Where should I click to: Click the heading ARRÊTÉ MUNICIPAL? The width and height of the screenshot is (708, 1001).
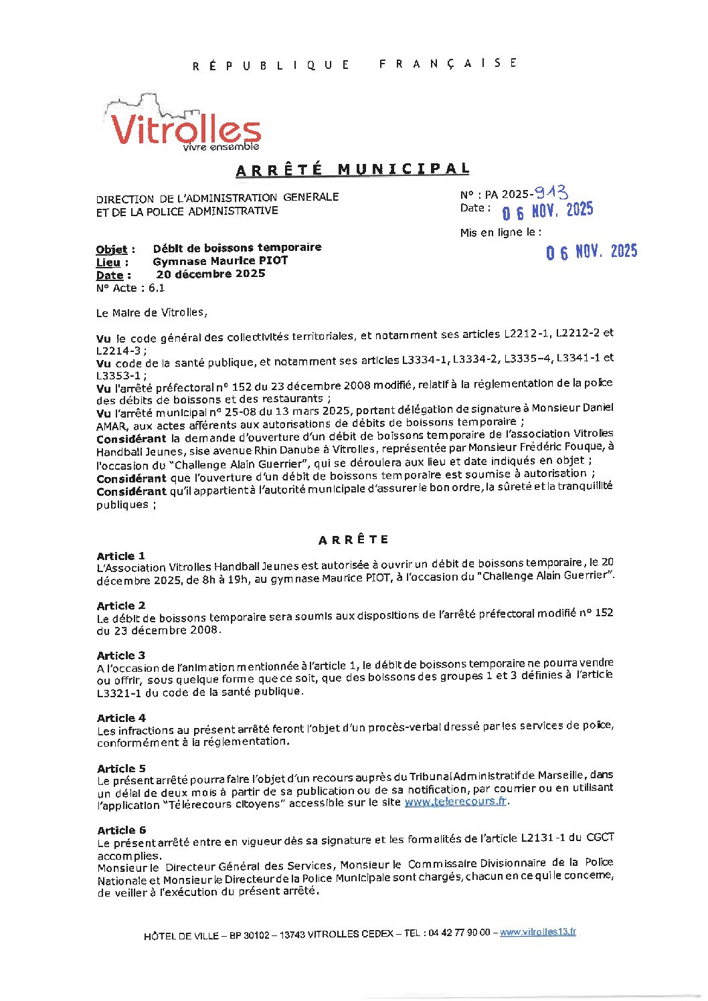(x=353, y=169)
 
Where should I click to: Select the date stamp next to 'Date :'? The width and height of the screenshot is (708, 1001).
(x=548, y=211)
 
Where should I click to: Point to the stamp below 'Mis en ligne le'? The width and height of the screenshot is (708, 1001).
(x=592, y=252)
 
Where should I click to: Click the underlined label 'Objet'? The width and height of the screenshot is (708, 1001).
(x=111, y=250)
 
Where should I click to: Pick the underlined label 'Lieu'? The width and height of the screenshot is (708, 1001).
(x=108, y=262)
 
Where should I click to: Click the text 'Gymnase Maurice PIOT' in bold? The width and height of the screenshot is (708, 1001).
(x=220, y=261)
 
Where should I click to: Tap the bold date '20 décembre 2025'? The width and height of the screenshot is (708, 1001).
(x=211, y=274)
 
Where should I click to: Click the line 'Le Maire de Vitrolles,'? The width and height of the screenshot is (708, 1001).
(x=152, y=312)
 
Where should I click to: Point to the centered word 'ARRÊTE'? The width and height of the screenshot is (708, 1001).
(x=353, y=540)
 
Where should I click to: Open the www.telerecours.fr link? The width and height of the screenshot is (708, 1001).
(x=455, y=801)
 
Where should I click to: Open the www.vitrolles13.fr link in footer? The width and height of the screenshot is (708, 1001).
(x=537, y=932)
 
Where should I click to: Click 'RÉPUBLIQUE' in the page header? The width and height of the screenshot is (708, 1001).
(x=271, y=65)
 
